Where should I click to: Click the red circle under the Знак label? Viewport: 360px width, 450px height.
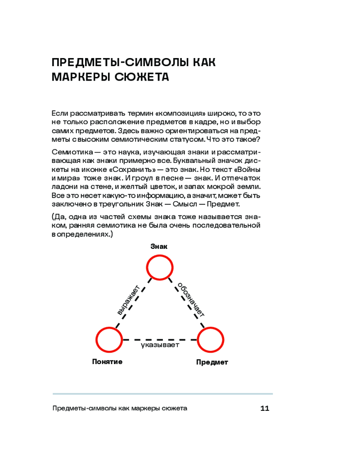tap(160, 268)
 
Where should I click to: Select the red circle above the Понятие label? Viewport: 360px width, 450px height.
tap(109, 340)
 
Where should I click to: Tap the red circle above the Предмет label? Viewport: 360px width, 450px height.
tap(211, 340)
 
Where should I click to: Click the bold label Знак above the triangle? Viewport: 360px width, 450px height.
tap(159, 246)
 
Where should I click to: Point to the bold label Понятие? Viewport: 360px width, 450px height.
tap(107, 361)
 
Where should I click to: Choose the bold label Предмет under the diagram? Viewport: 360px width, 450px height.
tap(212, 362)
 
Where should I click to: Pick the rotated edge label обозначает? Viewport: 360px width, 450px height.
tap(190, 300)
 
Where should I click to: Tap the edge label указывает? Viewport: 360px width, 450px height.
tap(160, 345)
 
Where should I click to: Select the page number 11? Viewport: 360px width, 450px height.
tap(264, 409)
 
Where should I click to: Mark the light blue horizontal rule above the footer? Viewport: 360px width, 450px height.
tap(162, 394)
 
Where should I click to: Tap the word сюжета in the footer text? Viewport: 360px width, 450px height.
tap(174, 409)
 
